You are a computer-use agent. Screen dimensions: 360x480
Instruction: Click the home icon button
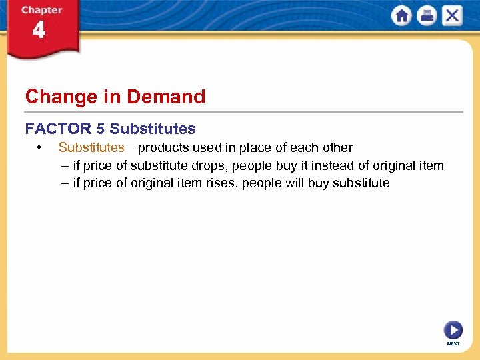[x=402, y=16]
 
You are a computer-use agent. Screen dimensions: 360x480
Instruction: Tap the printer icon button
[x=427, y=16]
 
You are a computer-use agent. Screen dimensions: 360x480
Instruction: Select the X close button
[x=452, y=16]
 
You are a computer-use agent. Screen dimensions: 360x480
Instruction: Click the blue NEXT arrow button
[x=453, y=330]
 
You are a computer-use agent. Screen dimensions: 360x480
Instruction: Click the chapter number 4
[x=39, y=31]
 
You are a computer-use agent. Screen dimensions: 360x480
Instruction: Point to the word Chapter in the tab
[x=41, y=10]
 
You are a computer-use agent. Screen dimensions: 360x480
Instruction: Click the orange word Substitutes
[x=91, y=147]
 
